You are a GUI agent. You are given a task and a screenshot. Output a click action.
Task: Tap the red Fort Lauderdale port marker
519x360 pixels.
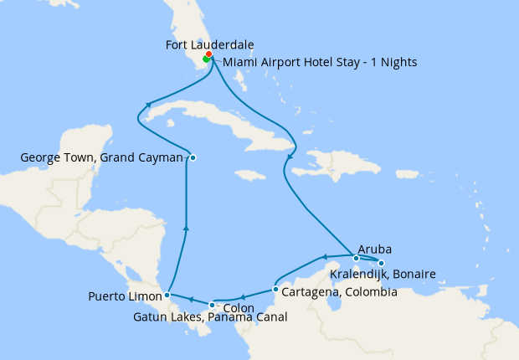[208, 55]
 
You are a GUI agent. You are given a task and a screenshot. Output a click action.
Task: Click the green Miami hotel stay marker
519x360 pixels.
[205, 60]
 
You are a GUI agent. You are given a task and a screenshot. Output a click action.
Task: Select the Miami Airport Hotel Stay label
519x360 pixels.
[314, 63]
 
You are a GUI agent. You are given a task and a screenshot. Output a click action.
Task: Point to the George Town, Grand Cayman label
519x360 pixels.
[101, 157]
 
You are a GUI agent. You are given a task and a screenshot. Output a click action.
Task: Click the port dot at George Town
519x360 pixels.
[193, 157]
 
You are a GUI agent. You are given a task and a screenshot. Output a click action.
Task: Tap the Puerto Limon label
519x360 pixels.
[125, 296]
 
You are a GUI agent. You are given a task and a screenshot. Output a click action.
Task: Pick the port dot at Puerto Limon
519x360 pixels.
[167, 295]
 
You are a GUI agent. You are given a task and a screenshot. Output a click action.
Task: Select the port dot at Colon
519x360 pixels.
[212, 305]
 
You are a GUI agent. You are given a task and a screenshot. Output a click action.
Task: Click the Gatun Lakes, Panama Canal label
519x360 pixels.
[210, 317]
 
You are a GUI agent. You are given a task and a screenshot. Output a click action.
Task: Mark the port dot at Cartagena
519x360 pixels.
[275, 290]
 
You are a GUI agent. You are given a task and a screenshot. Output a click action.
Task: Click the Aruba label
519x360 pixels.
[374, 249]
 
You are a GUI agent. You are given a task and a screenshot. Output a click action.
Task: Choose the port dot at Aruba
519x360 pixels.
[357, 258]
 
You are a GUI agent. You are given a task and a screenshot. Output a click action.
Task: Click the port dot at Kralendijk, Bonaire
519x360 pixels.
[382, 264]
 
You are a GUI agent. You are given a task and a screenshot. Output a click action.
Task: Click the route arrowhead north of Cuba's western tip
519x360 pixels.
[148, 105]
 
